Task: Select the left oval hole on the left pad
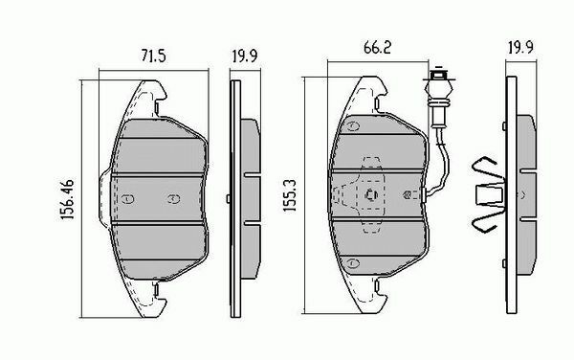128,198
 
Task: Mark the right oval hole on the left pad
173,198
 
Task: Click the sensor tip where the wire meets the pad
408,195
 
